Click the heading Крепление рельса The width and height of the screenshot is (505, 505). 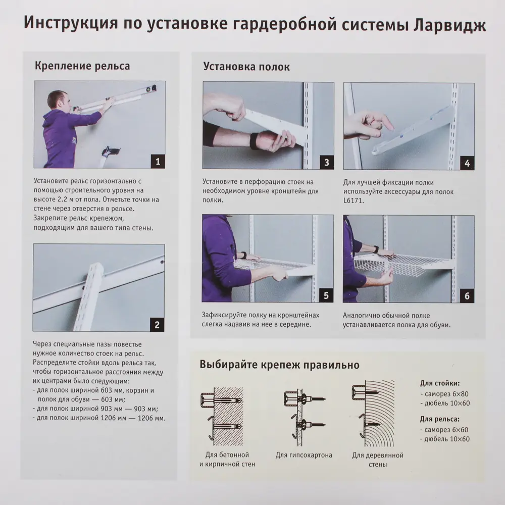(x=82, y=66)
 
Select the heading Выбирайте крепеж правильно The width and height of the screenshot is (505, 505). (x=279, y=365)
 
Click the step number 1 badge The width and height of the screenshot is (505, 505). (x=157, y=162)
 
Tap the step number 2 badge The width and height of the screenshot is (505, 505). (x=157, y=325)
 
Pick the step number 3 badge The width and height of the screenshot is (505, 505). (x=326, y=162)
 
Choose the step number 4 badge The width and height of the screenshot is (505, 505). (x=467, y=162)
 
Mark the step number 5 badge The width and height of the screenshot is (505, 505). (x=326, y=295)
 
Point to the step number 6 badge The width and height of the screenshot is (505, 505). (x=467, y=296)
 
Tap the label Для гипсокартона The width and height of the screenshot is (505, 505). (x=304, y=454)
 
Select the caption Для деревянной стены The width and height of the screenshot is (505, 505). (x=378, y=459)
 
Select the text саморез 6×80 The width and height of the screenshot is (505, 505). (x=446, y=393)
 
